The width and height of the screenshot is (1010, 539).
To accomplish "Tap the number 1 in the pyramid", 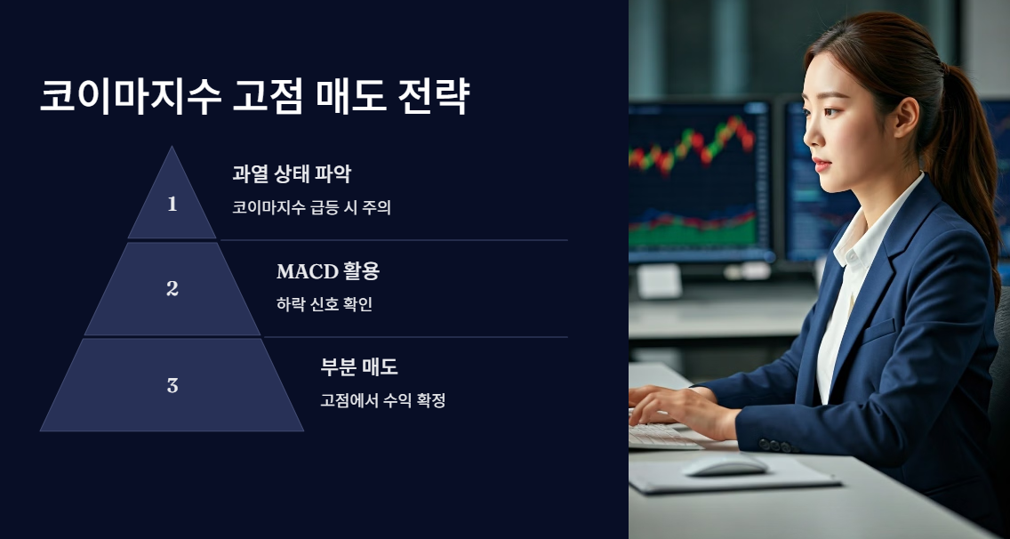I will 172,204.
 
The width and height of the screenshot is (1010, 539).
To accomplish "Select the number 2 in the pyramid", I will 172,288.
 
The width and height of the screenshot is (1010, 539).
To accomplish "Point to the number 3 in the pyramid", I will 172,385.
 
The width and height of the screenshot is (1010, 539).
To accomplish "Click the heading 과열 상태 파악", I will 291,173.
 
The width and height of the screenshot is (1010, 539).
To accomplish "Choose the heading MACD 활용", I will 327,271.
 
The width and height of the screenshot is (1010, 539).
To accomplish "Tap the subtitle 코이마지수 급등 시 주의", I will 311,208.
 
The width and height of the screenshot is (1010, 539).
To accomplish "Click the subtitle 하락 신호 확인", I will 324,304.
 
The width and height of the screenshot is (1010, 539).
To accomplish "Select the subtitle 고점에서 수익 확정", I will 382,400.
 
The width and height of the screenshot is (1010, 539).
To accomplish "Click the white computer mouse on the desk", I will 725,464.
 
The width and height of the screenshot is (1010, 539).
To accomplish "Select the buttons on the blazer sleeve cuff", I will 776,445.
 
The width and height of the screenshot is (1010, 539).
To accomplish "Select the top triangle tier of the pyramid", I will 172,200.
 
